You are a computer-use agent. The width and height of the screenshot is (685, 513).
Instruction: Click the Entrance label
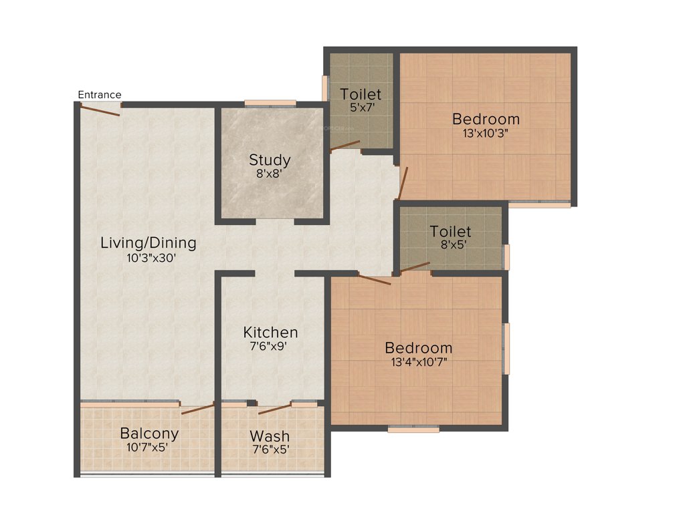point(100,94)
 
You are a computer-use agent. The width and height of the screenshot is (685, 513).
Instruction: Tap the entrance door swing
point(100,110)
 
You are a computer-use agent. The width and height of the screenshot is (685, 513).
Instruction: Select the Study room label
point(270,160)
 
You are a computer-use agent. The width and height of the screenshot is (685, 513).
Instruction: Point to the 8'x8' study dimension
point(270,173)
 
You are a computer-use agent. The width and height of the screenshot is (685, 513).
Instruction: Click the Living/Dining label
point(148,242)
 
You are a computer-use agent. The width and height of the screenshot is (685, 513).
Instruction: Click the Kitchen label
point(270,332)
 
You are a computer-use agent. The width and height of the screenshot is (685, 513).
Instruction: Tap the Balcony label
point(149,434)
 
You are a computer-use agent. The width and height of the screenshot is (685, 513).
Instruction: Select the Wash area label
point(270,436)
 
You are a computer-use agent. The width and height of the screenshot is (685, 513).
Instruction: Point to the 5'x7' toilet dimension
point(361,107)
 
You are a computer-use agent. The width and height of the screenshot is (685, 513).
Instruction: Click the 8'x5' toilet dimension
point(450,244)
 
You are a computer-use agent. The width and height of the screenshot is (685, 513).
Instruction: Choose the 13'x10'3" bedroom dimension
point(486,132)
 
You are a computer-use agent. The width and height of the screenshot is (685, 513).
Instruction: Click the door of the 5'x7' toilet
point(345,146)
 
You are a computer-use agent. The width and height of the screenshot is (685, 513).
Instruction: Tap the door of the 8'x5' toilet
point(415,268)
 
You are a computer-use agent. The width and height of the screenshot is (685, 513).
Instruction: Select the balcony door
point(197,408)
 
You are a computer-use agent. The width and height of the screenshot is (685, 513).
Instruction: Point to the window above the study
point(270,103)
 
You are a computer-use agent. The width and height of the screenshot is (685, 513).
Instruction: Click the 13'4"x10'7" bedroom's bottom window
point(413,430)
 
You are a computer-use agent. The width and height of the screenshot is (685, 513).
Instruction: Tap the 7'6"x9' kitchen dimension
point(270,346)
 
